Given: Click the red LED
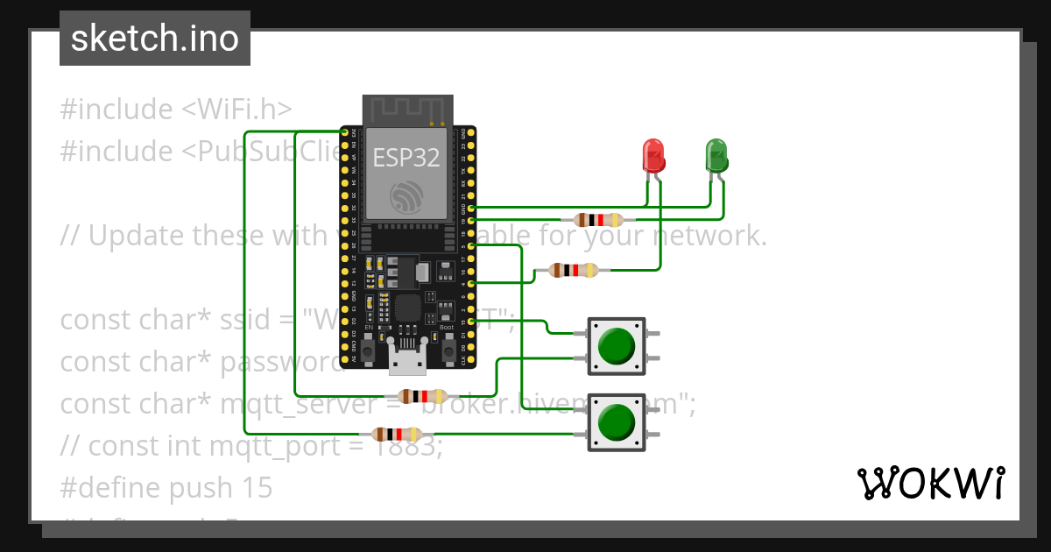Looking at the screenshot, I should point(653,156).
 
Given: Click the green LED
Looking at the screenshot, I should point(716,156).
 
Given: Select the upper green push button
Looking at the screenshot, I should point(617,346).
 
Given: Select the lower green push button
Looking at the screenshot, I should point(617,423).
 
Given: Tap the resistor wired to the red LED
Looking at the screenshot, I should point(574,271).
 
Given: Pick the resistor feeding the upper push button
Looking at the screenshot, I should point(423,396).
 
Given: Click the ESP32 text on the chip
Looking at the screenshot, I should point(406,157).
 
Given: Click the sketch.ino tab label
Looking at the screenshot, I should point(155,39).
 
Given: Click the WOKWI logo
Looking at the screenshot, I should point(930,483).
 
